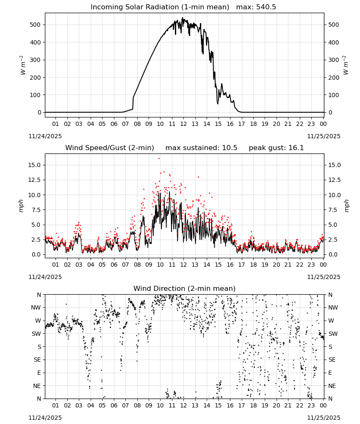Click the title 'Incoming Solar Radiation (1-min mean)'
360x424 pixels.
[x=160, y=7]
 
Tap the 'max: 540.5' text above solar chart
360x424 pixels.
[x=256, y=7]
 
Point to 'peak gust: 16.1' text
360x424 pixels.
[x=276, y=148]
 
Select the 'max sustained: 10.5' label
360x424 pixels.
[x=201, y=148]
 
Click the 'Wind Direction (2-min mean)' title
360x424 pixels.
[x=185, y=288]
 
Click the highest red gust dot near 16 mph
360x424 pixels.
[x=159, y=159]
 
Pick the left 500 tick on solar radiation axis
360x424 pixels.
[x=35, y=25]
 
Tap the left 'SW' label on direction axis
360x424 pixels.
[x=36, y=334]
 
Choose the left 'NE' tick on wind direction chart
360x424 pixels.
[x=37, y=386]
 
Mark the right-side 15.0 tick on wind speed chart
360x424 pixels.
[x=334, y=165]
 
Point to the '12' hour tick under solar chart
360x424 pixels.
[x=183, y=124]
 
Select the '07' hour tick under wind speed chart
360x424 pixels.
[x=125, y=265]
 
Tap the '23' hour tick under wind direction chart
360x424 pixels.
[x=311, y=405]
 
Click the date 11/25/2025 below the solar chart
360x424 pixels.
[x=324, y=136]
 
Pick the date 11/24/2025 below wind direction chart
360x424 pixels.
[x=45, y=418]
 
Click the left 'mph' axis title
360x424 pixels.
[x=21, y=206]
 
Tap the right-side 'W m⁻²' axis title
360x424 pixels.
[x=346, y=65]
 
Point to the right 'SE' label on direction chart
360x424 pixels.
[x=332, y=360]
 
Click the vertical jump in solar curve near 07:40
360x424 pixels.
[x=133, y=103]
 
